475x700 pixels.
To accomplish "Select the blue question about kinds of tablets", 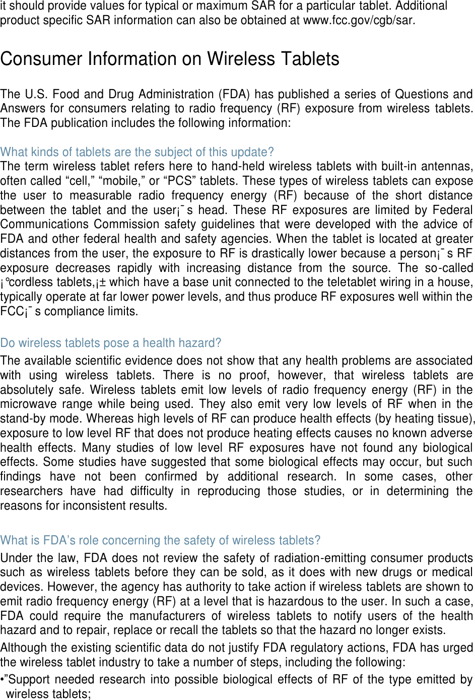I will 137,152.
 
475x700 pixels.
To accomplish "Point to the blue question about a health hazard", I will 110,343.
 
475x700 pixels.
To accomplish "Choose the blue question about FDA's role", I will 160,540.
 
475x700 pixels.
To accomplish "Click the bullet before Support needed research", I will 3,679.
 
